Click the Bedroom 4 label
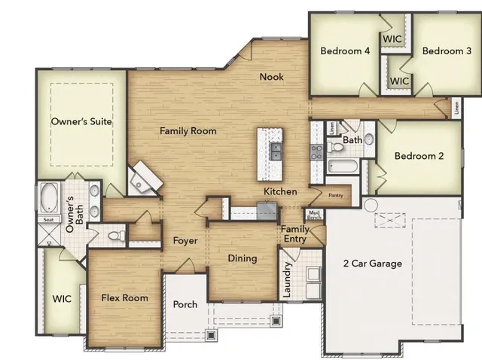345,51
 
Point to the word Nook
271,77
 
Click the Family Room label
188,131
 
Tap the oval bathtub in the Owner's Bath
49,198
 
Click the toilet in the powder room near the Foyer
115,236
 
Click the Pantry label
336,196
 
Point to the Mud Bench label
313,214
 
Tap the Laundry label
287,279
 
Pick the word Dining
243,258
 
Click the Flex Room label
125,298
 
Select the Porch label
185,305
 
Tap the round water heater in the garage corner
371,205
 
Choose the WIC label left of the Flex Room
62,299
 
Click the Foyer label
185,242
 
